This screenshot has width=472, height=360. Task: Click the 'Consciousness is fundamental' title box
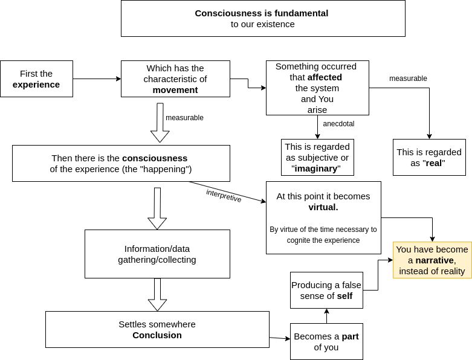pos(263,18)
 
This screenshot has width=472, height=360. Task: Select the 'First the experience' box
pos(36,79)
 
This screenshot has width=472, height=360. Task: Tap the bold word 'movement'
pos(175,90)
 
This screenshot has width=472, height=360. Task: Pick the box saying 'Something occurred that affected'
pos(317,88)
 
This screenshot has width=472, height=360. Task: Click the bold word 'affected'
pos(325,77)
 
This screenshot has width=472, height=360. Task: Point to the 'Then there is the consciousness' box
pos(121,163)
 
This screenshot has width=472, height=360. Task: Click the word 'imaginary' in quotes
pos(316,169)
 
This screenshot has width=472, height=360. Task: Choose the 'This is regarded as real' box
pos(429,157)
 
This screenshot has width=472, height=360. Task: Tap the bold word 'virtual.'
pos(323,207)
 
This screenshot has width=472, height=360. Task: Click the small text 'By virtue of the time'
pos(323,230)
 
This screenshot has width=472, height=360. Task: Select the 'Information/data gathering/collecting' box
pos(157,254)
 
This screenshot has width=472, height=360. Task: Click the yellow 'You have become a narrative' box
pos(432,260)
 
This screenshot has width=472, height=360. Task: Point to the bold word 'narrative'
pos(435,260)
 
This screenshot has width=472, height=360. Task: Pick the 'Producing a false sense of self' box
pos(326,290)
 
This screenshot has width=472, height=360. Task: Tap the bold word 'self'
pos(344,296)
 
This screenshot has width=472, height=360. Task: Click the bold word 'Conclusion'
pos(157,335)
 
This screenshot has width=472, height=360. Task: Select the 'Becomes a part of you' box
pos(326,341)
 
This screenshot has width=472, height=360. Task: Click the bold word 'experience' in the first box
pos(36,85)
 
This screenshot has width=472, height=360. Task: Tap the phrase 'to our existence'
pos(263,24)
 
